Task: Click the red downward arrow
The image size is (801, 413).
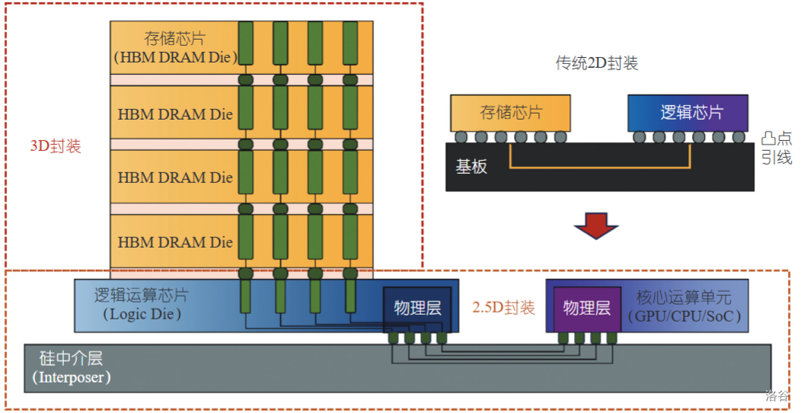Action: [x=595, y=226]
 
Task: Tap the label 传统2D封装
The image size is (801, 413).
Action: [x=597, y=63]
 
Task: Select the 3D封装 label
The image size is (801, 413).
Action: [x=55, y=146]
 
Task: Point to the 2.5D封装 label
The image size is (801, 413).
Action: [x=503, y=308]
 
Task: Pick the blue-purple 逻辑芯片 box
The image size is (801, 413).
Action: [x=688, y=113]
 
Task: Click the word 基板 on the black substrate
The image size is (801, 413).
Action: [x=471, y=167]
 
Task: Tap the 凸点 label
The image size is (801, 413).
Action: [x=776, y=139]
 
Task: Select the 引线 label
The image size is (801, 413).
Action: [x=776, y=158]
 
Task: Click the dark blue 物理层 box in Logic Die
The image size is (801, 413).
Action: [x=417, y=309]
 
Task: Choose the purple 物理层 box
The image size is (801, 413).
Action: [x=586, y=308]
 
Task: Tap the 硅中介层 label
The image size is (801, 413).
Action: [x=71, y=358]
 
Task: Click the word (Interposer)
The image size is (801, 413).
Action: [x=72, y=377]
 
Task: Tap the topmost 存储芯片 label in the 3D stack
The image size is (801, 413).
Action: [x=174, y=38]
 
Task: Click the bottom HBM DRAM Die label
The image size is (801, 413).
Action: [x=175, y=242]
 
